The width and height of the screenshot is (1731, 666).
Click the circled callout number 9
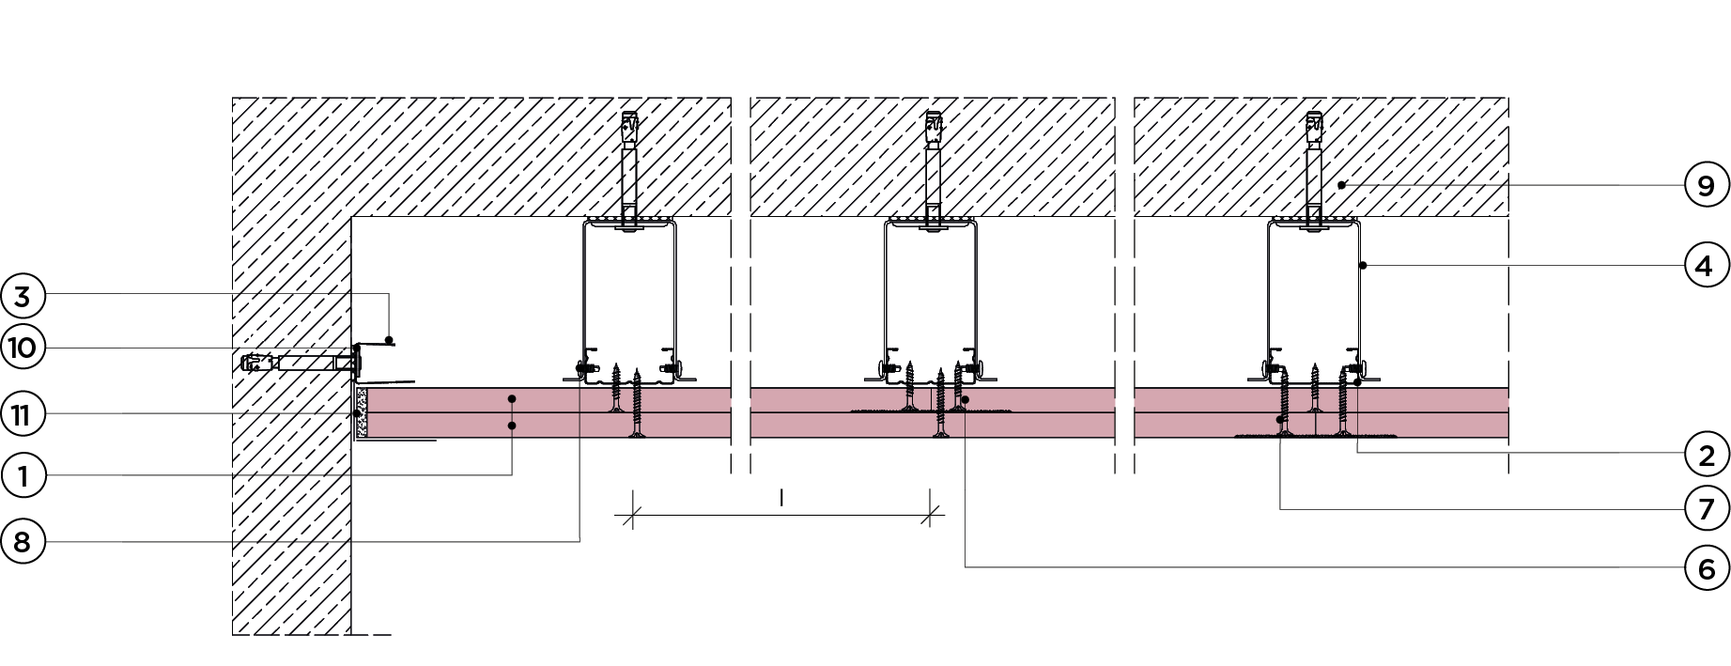(1707, 186)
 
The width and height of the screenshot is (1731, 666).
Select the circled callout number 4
(1707, 267)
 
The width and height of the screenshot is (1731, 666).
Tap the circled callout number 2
(1707, 456)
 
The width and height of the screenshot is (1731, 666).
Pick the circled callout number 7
(1707, 509)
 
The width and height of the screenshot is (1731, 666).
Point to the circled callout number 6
(1707, 567)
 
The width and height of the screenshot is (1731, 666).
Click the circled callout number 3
(23, 296)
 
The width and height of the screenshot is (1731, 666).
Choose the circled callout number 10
(23, 348)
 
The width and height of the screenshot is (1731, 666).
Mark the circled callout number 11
(23, 414)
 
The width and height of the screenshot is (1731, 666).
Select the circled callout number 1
(23, 475)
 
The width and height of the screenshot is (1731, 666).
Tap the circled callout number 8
(23, 541)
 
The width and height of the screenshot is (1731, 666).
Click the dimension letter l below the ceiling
(781, 498)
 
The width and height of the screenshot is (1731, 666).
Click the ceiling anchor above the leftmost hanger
(630, 128)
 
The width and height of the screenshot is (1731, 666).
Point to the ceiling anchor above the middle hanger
(933, 128)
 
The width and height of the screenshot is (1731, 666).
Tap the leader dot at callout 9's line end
(1342, 185)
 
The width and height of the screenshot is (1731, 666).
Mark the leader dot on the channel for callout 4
(1362, 266)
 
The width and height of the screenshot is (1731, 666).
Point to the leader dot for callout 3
(389, 339)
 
